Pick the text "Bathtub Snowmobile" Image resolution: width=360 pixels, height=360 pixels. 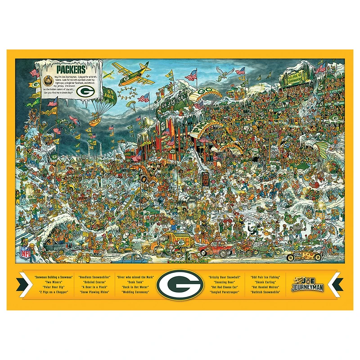[265, 292]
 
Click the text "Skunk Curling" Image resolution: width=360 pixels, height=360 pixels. [265, 282]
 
